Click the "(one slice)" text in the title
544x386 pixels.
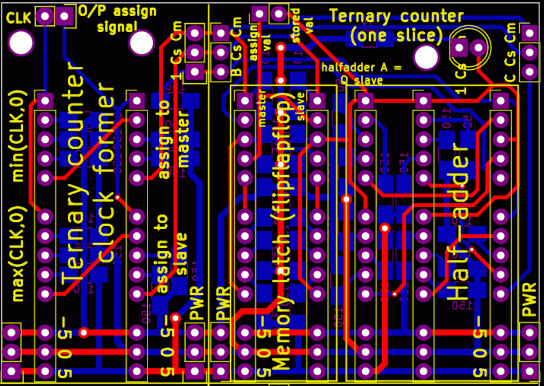397,36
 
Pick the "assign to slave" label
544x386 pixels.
172,253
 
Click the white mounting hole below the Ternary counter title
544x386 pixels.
427,56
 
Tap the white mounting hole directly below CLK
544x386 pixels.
22,42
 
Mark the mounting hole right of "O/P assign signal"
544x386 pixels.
142,42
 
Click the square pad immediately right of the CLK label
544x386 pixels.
45,16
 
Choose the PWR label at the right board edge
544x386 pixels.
530,300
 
